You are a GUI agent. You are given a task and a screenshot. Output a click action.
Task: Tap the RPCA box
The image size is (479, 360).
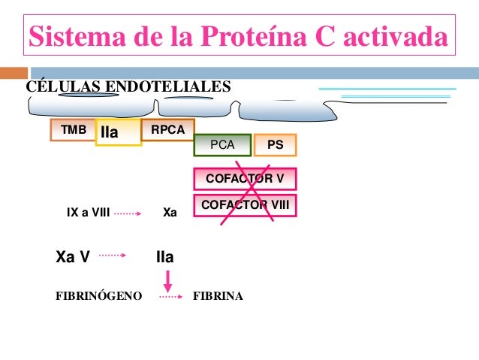[x=167, y=129]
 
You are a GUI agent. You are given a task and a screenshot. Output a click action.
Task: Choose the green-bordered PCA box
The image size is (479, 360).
[x=222, y=145]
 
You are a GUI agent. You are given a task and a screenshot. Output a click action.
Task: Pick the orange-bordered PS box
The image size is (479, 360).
[x=276, y=145]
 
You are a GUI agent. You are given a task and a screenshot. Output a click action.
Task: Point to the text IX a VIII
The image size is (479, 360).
[x=88, y=213]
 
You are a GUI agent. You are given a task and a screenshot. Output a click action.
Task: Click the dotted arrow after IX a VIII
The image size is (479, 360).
[x=128, y=213]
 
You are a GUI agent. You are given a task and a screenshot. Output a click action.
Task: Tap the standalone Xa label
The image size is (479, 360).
[x=170, y=213]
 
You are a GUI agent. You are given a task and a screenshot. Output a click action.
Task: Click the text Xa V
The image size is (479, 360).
[x=73, y=257]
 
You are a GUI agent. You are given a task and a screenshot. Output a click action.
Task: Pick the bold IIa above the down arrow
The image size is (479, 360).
[x=164, y=257]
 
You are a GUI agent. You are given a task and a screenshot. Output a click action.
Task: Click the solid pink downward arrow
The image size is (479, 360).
[x=168, y=282]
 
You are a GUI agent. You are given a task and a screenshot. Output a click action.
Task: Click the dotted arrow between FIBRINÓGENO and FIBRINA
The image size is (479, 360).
[x=170, y=298]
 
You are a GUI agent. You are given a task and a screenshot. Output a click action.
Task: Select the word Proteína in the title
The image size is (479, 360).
[x=258, y=35]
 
